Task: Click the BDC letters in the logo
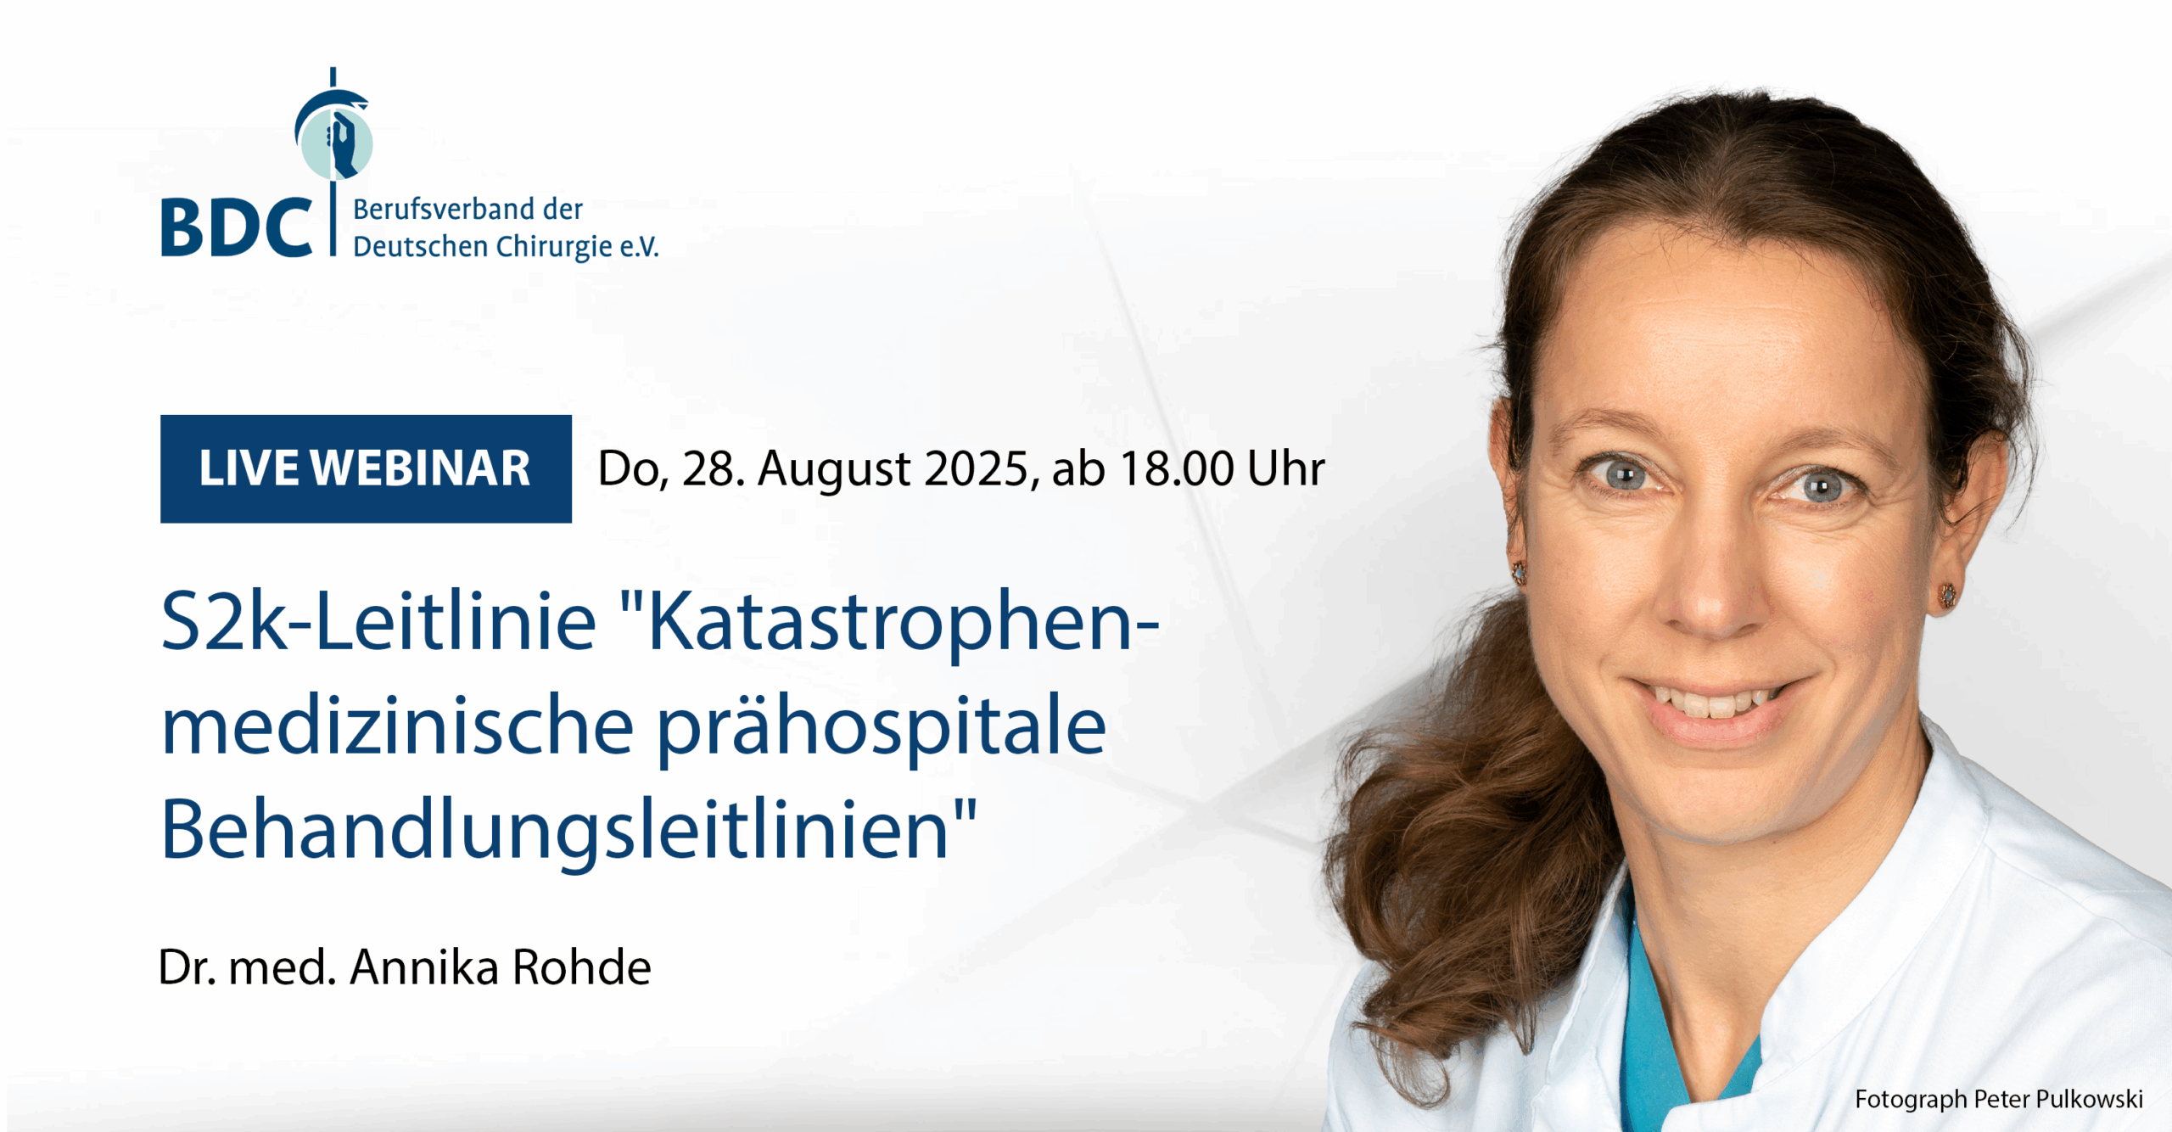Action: (236, 227)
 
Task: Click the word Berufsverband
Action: (431, 209)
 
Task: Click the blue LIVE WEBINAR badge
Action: (366, 468)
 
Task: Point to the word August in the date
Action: (834, 469)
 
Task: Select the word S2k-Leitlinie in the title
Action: (378, 621)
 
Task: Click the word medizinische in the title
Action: (397, 726)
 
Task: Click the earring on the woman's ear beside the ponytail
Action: (1519, 572)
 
